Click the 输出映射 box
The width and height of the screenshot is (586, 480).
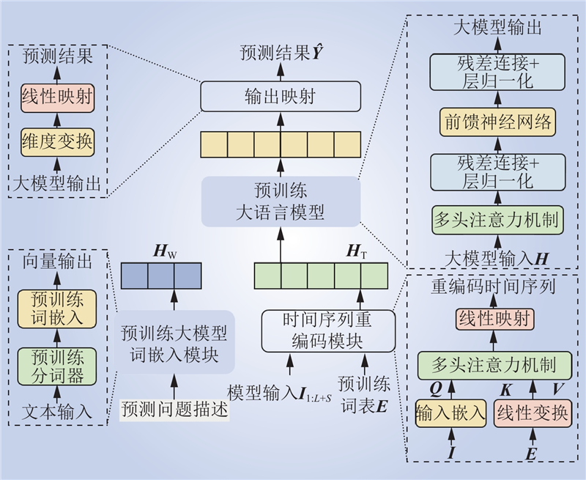[x=281, y=96]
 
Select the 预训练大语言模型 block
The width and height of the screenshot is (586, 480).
[x=281, y=202]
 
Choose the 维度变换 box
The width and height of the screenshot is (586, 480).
[x=57, y=141]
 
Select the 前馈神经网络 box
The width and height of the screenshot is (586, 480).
[x=497, y=119]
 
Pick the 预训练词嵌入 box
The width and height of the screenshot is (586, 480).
[x=57, y=309]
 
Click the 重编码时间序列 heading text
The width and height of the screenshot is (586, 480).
[x=492, y=287]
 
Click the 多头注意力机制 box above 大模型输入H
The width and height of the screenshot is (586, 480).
[x=497, y=220]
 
